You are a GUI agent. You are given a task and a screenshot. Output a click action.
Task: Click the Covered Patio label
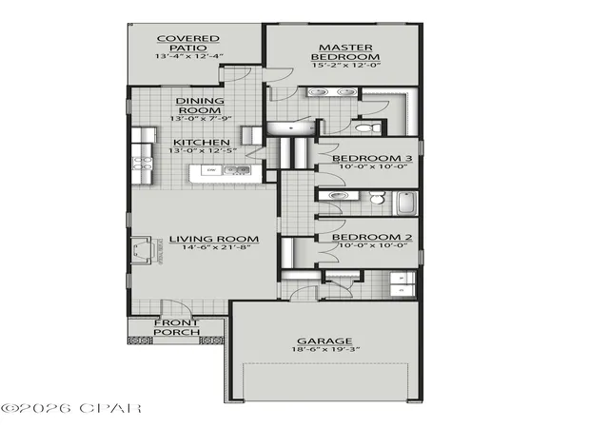[188, 43]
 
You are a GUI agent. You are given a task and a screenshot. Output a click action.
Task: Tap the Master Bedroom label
[345, 52]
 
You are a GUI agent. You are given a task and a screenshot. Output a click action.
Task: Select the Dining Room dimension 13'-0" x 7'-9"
[201, 118]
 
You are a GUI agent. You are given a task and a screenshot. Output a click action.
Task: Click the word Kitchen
[201, 142]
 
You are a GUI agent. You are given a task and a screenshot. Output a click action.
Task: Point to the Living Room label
[214, 239]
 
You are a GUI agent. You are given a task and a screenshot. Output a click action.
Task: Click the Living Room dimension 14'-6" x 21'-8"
[215, 247]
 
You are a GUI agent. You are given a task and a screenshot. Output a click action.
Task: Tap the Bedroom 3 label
[372, 158]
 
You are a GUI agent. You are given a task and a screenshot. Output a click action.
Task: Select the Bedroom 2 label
[372, 237]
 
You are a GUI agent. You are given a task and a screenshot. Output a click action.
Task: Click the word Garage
[324, 341]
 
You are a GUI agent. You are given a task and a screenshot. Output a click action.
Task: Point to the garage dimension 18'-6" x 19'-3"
[325, 349]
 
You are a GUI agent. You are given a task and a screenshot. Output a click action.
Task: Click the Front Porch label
[177, 327]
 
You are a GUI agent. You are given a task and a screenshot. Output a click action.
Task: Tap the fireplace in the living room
[141, 250]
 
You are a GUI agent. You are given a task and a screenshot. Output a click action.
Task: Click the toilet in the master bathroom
[368, 127]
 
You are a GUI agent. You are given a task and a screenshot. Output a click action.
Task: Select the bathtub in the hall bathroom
[406, 204]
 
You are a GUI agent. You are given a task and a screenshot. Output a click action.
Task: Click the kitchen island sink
[236, 170]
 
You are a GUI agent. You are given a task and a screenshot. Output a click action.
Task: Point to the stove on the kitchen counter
[142, 164]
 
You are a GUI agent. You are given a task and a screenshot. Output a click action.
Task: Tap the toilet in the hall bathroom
[377, 198]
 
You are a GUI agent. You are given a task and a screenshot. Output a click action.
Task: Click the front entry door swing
[177, 307]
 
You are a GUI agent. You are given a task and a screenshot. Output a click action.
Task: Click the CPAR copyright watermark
[71, 408]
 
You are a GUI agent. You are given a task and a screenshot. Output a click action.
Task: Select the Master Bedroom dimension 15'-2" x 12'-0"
[345, 65]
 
